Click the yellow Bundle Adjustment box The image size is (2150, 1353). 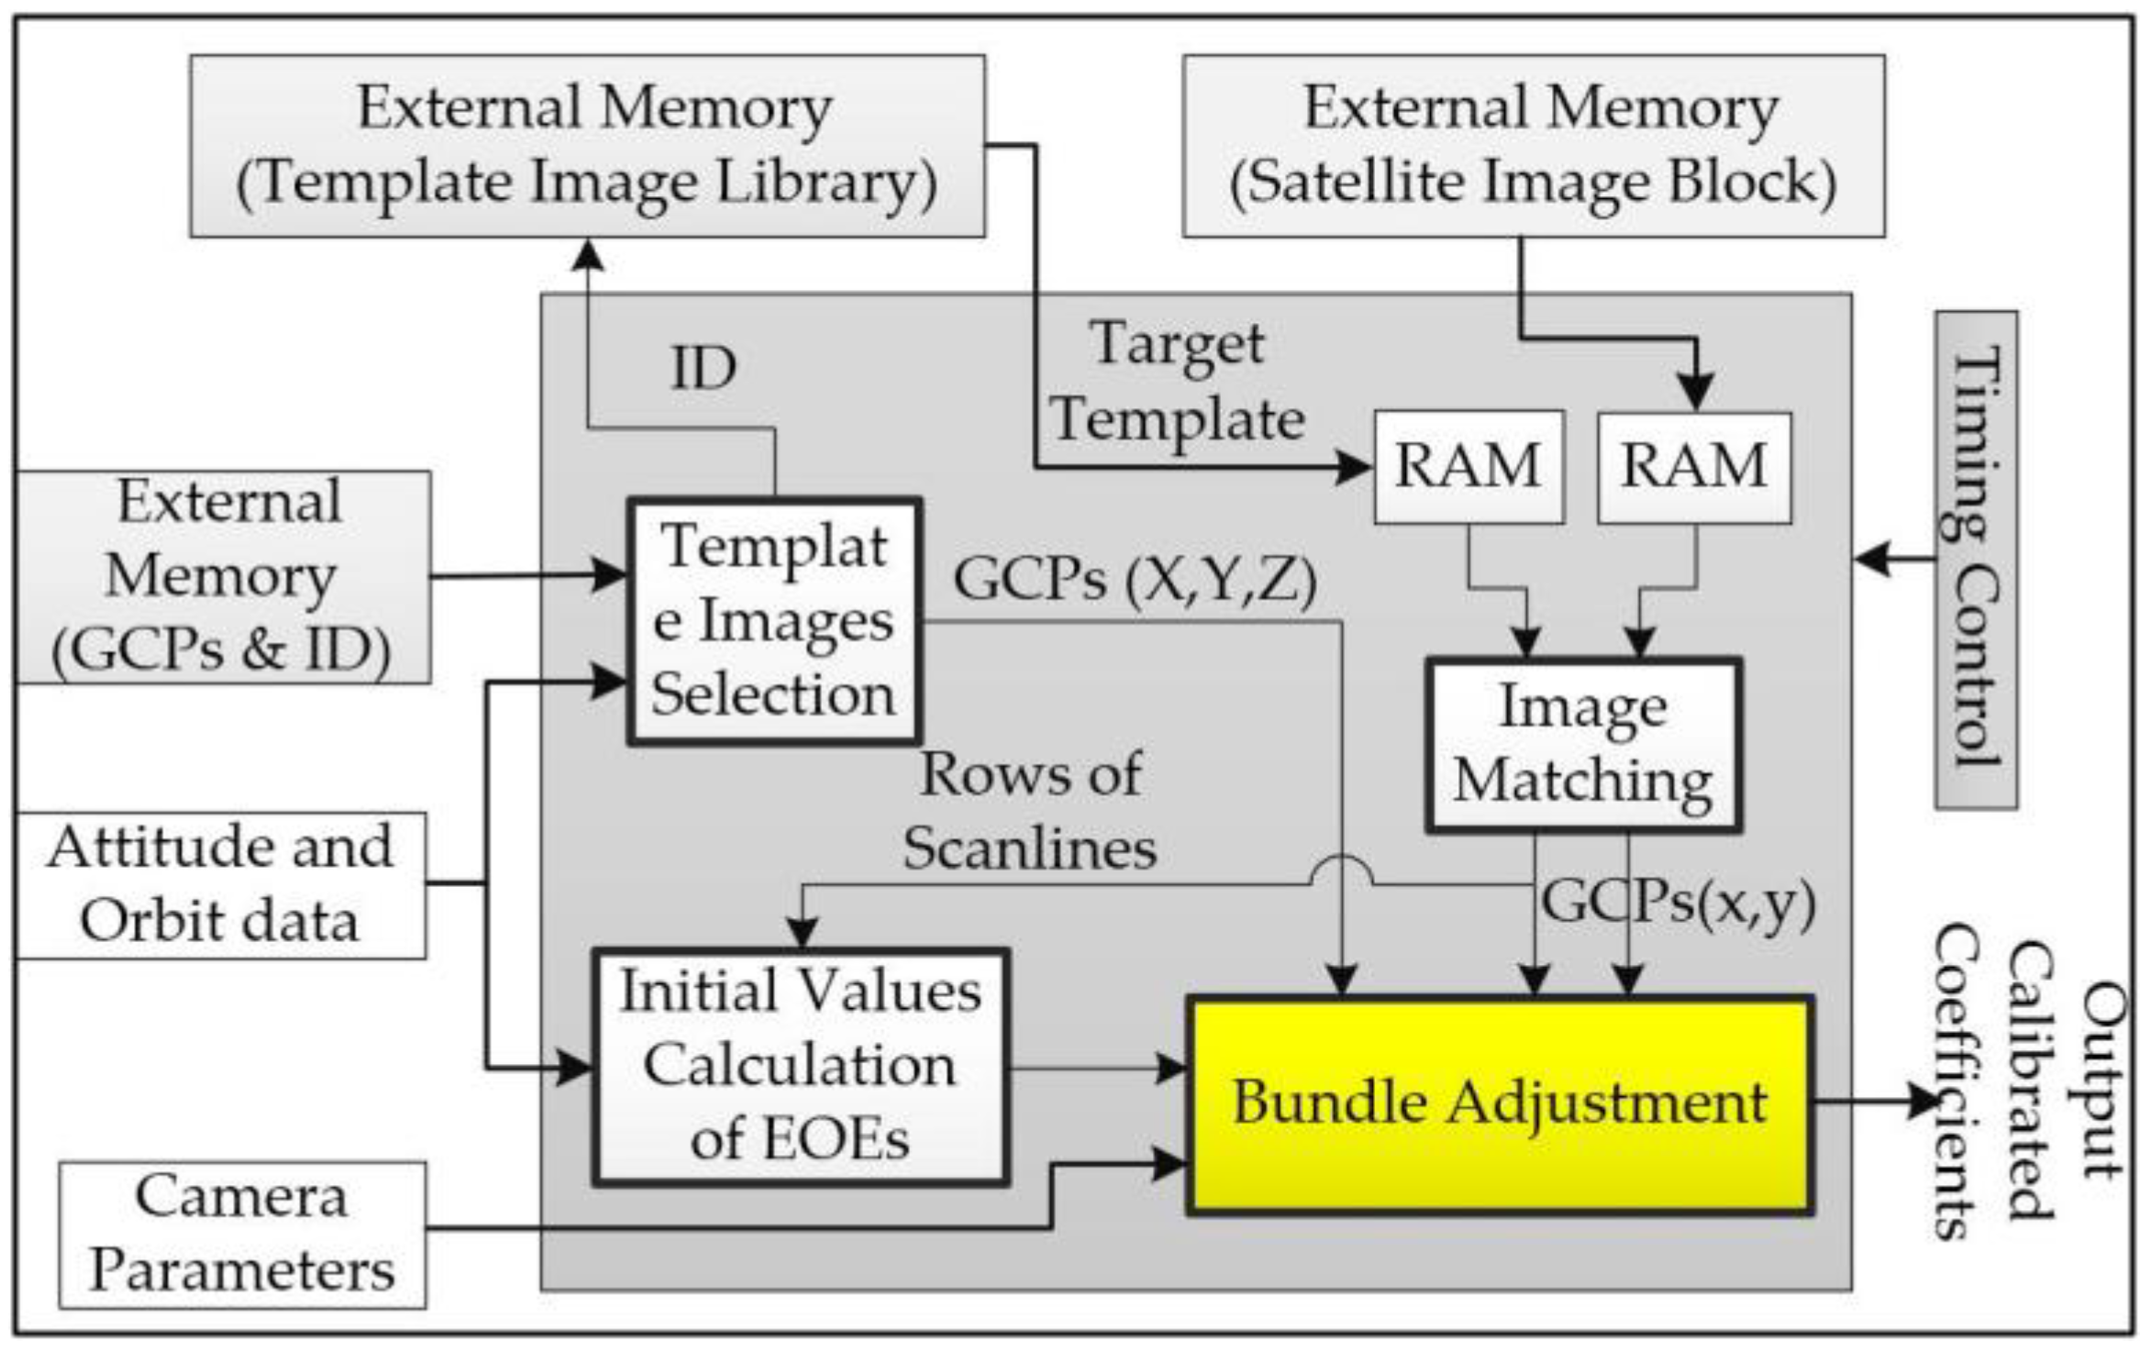point(1499,1104)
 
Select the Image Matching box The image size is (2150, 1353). point(1582,744)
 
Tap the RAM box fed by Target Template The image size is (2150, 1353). point(1468,467)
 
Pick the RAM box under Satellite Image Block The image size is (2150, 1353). point(1693,467)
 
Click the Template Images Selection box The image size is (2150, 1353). point(774,621)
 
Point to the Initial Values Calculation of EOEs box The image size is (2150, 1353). point(800,1067)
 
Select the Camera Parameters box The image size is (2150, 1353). point(242,1235)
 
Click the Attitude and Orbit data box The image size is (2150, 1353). point(220,885)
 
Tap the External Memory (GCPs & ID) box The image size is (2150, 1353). point(222,577)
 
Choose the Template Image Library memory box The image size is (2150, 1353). point(587,145)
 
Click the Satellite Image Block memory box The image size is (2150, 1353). point(1533,145)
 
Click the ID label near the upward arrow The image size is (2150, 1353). point(703,369)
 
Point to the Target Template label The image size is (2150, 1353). point(1177,383)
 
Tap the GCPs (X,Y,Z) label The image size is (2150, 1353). point(1135,580)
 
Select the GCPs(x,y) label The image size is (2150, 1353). point(1678,904)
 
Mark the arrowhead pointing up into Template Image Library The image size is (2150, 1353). point(587,254)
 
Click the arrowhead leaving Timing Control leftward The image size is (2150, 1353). point(1871,558)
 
